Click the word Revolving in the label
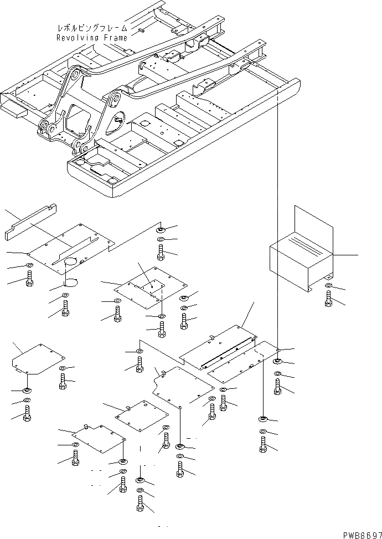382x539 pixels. coord(76,38)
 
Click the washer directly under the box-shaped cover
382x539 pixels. coord(328,286)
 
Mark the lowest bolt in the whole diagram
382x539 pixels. coord(141,505)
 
